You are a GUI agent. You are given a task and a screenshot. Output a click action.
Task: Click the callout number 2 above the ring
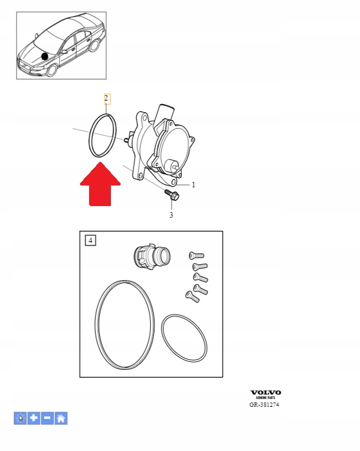click(107, 98)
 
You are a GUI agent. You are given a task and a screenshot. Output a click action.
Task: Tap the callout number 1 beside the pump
click(193, 185)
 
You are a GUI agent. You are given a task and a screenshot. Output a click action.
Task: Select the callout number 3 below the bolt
click(171, 215)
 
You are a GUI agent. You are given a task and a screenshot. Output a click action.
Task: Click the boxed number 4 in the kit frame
click(90, 240)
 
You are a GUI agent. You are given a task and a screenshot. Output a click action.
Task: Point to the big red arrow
click(100, 184)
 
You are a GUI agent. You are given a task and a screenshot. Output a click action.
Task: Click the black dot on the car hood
click(45, 56)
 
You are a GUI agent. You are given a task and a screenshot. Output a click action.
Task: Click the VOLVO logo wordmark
click(265, 393)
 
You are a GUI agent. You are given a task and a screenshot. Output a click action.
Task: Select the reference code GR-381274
click(264, 405)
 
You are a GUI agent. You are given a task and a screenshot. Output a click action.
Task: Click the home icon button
click(61, 418)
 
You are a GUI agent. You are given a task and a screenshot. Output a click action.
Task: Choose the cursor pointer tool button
click(20, 418)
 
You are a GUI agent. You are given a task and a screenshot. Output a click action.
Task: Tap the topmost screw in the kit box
click(196, 255)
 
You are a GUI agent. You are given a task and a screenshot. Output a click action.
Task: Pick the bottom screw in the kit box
click(192, 297)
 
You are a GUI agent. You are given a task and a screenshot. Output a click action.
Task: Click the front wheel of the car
click(52, 70)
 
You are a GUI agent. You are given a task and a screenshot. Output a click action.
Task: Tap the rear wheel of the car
click(95, 45)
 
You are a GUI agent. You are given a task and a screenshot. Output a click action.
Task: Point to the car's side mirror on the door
click(64, 52)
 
